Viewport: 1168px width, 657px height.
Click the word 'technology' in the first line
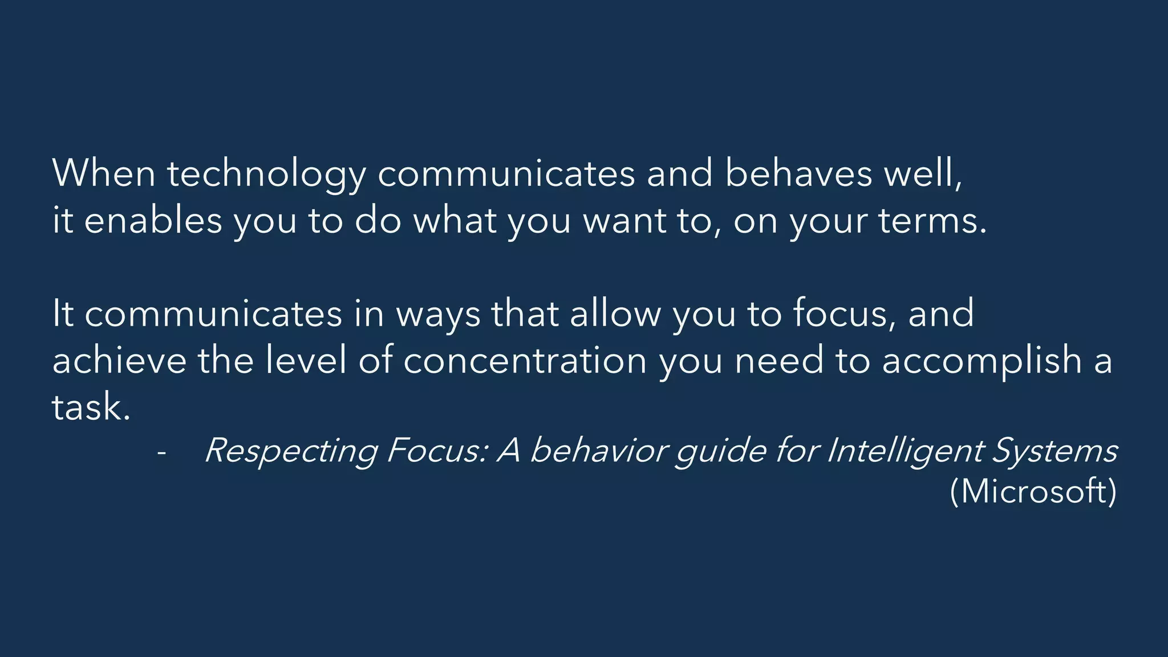[266, 174]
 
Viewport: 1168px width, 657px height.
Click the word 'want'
[624, 221]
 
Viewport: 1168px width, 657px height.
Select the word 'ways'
[438, 314]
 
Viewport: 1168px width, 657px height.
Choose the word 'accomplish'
[982, 362]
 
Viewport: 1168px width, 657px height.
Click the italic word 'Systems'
[1055, 452]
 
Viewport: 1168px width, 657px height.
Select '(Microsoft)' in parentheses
[1033, 491]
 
